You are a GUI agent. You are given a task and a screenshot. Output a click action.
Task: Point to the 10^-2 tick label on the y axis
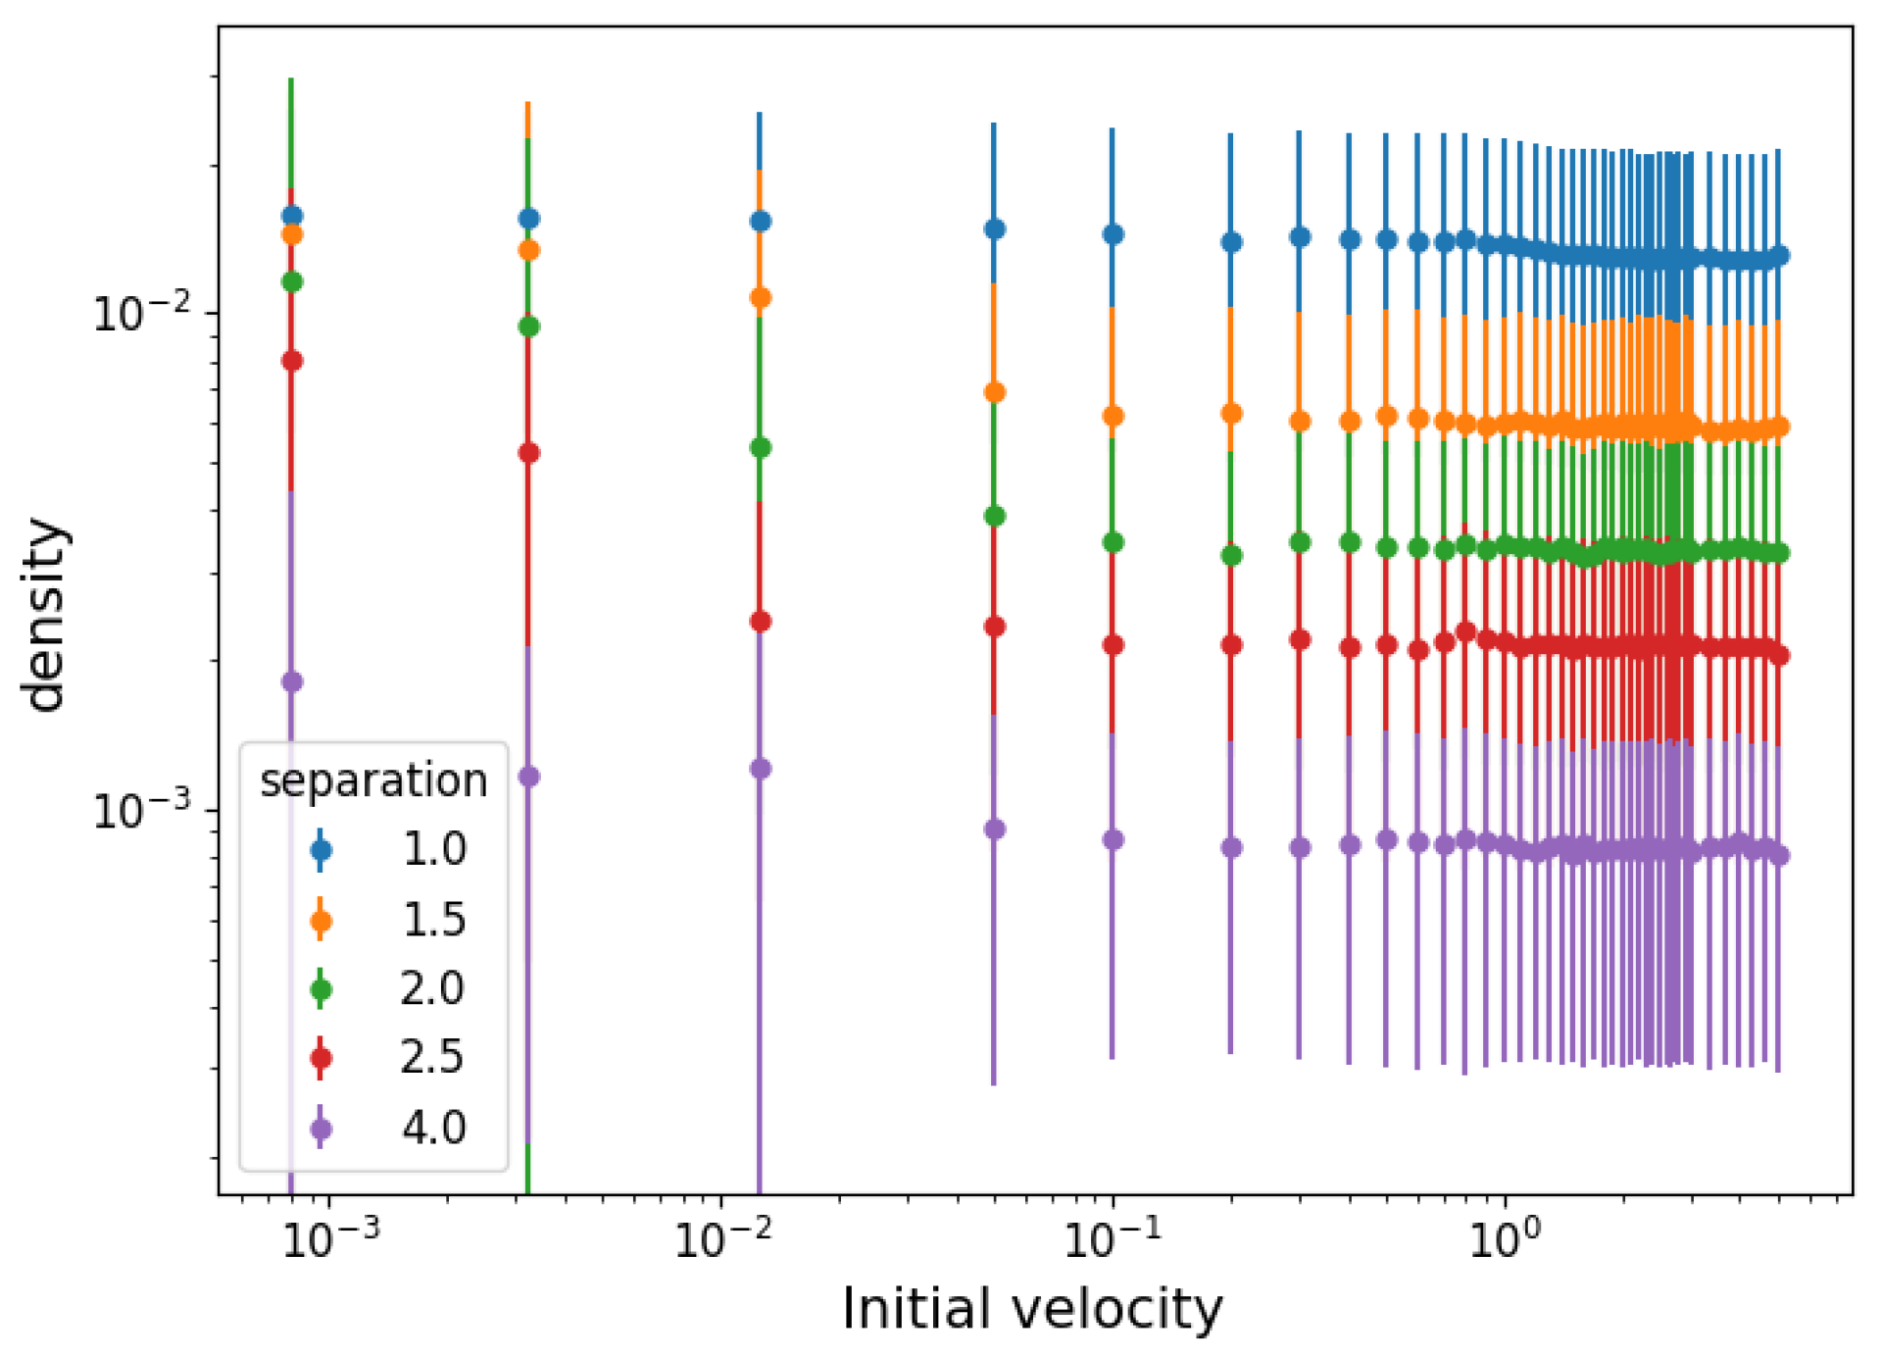(x=141, y=314)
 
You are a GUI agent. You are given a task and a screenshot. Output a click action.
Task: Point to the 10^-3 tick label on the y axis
(x=141, y=811)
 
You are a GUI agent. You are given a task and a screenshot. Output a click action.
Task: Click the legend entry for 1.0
(x=434, y=849)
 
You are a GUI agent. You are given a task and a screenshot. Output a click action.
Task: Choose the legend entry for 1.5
(x=434, y=920)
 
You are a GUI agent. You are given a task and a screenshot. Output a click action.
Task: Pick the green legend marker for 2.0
(x=321, y=989)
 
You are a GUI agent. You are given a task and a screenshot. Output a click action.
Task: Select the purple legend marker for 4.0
(x=321, y=1129)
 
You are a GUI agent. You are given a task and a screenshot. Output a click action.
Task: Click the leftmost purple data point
(x=292, y=681)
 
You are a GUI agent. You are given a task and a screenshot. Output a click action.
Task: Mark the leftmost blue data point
(x=292, y=216)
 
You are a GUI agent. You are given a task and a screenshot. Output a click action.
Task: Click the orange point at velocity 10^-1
(x=1113, y=416)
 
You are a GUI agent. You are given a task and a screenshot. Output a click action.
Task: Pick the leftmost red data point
(x=292, y=361)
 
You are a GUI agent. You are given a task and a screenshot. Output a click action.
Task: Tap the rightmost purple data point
(x=1780, y=855)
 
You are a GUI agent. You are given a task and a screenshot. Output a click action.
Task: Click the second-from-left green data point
(x=528, y=327)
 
